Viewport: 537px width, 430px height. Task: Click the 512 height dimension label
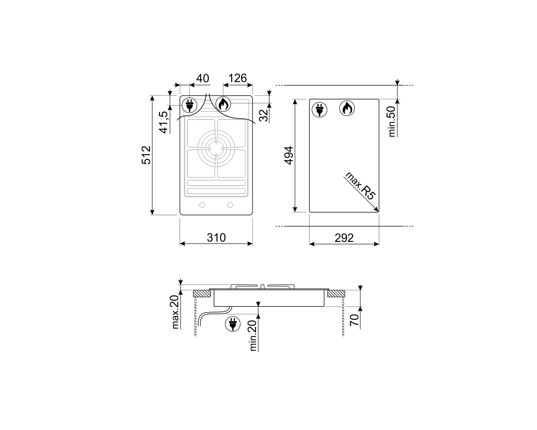[146, 155]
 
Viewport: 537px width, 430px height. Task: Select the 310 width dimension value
[216, 237]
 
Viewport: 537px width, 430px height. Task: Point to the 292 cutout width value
[344, 238]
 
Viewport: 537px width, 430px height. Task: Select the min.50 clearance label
[392, 121]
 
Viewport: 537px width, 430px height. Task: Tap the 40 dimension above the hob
[203, 78]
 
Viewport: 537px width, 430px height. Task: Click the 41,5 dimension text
[164, 122]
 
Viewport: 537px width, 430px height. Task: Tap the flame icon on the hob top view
[223, 105]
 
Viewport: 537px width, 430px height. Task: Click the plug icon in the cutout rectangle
[319, 109]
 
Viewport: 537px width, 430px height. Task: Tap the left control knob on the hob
[202, 205]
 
